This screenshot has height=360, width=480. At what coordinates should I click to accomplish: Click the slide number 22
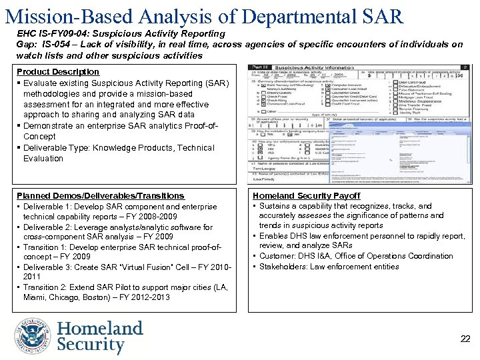(x=465, y=339)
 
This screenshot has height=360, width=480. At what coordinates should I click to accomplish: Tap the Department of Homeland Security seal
(x=33, y=336)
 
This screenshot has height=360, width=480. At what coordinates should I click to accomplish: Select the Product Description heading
(x=57, y=72)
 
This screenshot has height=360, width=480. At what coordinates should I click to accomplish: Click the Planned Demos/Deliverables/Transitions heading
(x=100, y=196)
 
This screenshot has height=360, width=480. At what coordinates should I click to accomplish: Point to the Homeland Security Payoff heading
(x=306, y=196)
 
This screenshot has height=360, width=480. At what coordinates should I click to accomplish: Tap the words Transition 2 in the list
(x=46, y=287)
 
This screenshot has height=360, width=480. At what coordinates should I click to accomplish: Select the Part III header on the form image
(x=258, y=68)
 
